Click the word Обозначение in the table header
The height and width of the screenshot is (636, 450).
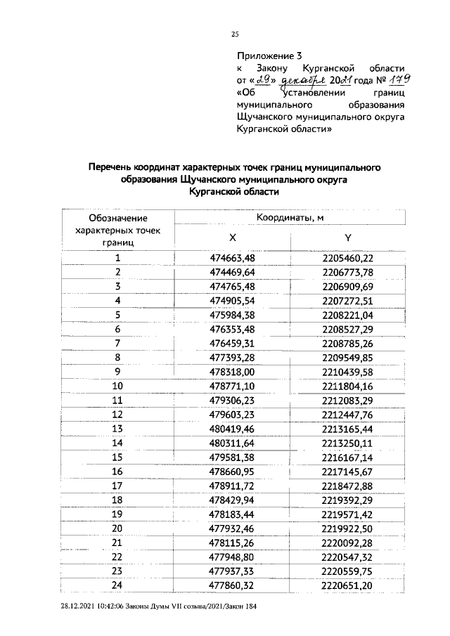(117, 220)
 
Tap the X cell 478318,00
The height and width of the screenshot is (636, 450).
(233, 371)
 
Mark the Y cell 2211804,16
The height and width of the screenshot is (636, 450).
(347, 386)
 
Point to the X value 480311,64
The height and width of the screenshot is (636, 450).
(233, 443)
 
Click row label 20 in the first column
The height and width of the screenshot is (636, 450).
(117, 528)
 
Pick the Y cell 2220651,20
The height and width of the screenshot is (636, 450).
(347, 585)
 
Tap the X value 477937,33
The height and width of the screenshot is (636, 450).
(233, 571)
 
